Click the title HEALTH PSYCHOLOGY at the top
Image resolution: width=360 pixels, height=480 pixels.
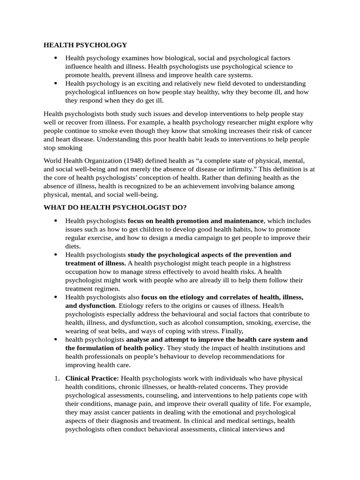[85, 45]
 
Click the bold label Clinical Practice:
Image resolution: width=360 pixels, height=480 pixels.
[92, 378]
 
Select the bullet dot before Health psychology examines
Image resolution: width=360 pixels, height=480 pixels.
[55, 58]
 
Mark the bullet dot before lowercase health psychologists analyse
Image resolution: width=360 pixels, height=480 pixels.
[55, 339]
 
